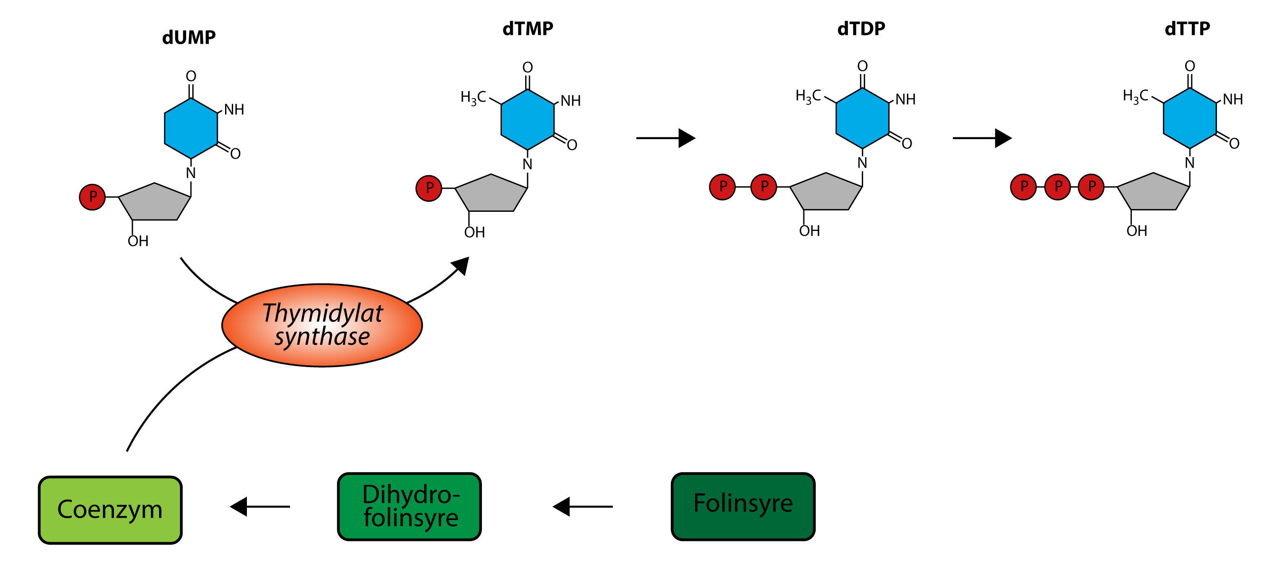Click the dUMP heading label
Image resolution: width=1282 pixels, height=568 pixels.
pos(189,38)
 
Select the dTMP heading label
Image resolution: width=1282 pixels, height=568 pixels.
pos(528,29)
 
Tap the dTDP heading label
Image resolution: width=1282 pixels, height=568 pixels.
pos(861,29)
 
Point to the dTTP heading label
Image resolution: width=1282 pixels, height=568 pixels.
pos(1187,29)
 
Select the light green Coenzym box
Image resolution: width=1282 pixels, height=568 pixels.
pos(110,510)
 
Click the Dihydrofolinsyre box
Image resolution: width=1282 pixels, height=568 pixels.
pos(409,506)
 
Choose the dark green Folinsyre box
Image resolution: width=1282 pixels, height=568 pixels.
pos(743,506)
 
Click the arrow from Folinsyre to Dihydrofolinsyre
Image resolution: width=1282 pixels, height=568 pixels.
pos(582,507)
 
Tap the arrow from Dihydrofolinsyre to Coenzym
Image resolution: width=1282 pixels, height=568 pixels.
pos(260,507)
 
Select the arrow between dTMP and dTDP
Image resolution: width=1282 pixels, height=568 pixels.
pos(665,138)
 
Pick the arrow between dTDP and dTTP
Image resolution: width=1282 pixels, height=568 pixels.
pos(982,138)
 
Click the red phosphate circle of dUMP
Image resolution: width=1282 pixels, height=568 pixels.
pos(92,197)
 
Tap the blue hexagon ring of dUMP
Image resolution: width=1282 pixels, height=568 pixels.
pos(191,128)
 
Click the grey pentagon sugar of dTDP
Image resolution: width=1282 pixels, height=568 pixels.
pos(826,193)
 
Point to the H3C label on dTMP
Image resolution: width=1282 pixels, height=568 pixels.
pos(472,97)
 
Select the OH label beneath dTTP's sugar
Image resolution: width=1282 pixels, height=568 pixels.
pos(1137,231)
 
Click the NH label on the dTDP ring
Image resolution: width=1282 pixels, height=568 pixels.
pos(905,100)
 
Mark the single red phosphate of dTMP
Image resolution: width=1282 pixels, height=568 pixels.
pos(428,188)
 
